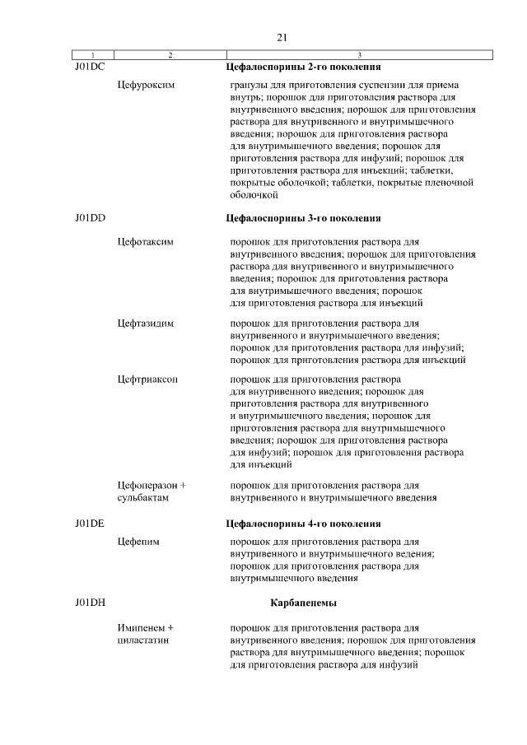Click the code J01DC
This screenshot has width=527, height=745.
click(87, 66)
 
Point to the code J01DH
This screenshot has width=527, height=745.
click(88, 603)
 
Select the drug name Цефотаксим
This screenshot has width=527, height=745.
click(147, 242)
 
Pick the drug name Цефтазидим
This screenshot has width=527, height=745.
click(146, 324)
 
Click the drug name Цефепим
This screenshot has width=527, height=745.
click(138, 542)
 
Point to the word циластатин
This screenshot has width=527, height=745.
click(143, 640)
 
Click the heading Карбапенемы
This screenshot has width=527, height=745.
click(303, 603)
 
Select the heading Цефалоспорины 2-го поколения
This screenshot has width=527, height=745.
click(303, 66)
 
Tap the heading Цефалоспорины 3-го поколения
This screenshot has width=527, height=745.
click(303, 218)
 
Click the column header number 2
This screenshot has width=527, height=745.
click(170, 55)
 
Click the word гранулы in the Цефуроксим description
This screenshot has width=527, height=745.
click(250, 85)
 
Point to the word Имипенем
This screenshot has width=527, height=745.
click(145, 627)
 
